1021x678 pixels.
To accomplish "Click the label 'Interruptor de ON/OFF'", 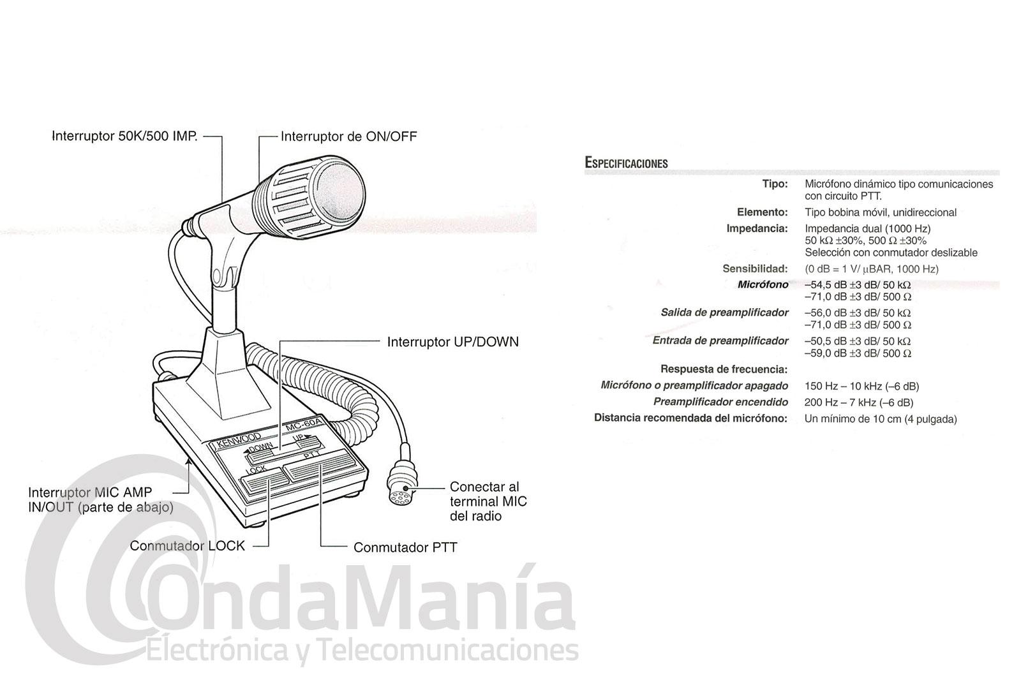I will click(348, 136).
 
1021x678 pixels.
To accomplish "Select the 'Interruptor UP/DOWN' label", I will click(452, 342).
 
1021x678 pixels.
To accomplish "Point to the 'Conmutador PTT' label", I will click(405, 547).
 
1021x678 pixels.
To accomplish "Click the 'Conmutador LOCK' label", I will click(187, 546).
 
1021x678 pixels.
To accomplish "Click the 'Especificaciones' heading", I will click(626, 163).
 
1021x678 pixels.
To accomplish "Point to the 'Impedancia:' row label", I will click(757, 228).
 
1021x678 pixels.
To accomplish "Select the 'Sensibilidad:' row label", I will click(755, 269).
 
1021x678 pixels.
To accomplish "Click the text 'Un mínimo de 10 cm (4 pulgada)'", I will click(881, 419).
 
